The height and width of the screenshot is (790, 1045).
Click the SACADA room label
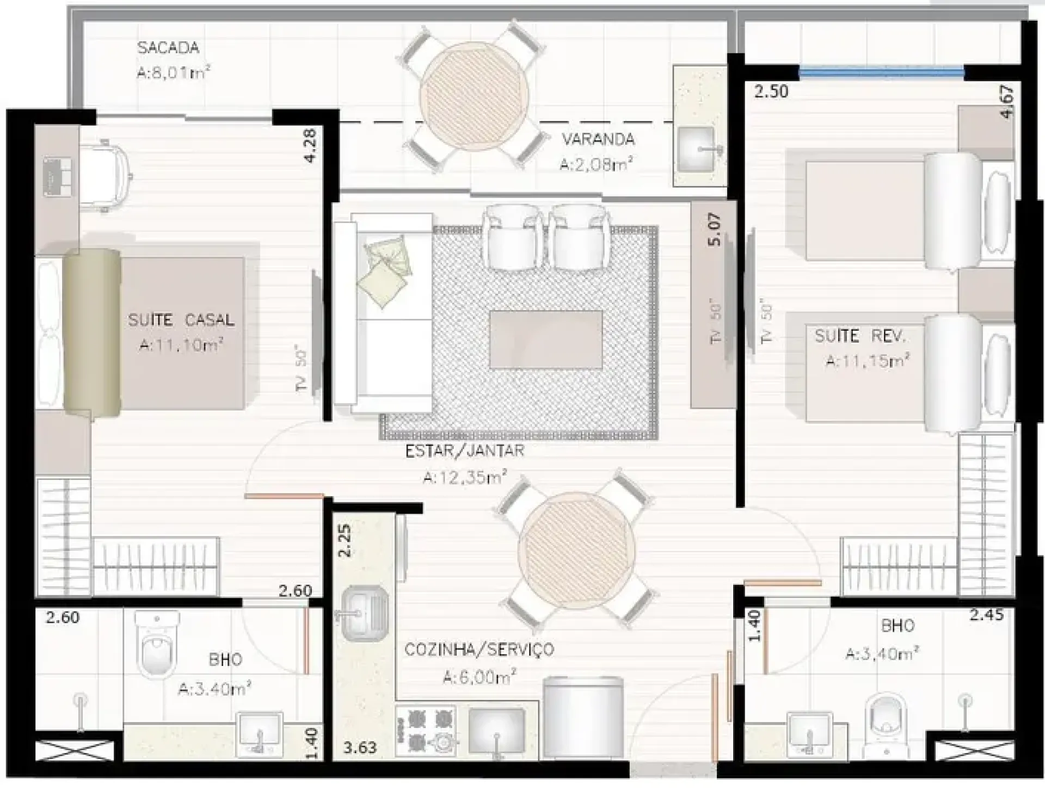168,48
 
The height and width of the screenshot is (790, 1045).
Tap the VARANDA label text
598,139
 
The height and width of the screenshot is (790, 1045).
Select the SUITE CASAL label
181,319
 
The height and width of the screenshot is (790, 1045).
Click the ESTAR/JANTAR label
465,451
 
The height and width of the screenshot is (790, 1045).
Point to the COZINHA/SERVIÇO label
479,649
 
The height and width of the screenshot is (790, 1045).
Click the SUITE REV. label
860,336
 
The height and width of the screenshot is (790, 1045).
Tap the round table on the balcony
474,96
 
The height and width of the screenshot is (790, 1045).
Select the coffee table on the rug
546,340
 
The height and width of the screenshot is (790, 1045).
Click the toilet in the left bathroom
157,642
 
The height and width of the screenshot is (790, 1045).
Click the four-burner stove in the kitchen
426,731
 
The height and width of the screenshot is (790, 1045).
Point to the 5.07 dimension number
714,229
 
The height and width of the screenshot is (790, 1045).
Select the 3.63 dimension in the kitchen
360,748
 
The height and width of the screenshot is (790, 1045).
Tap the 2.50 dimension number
771,91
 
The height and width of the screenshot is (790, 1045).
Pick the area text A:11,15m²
868,361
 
